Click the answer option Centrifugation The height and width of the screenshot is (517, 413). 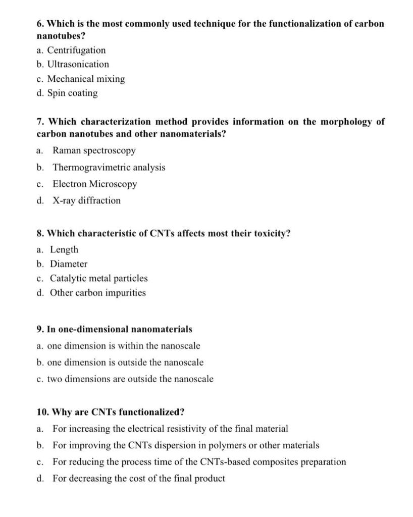(x=76, y=50)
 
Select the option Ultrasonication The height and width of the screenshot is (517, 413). (x=78, y=64)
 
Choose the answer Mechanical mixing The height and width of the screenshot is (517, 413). (x=86, y=79)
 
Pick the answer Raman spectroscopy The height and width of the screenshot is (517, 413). (x=94, y=150)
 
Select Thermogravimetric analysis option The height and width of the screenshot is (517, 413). (x=109, y=167)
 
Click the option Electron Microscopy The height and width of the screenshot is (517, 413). (x=94, y=184)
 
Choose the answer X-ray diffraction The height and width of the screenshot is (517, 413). (x=86, y=200)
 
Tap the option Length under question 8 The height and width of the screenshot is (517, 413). (x=64, y=249)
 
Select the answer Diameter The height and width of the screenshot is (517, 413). (x=68, y=264)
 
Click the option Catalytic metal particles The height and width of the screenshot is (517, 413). (x=98, y=278)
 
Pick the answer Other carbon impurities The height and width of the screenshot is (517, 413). (x=97, y=292)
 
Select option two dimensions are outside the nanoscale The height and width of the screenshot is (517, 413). (x=130, y=379)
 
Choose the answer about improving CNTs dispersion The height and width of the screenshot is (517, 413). (x=186, y=445)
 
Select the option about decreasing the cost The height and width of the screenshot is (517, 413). (x=138, y=478)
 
